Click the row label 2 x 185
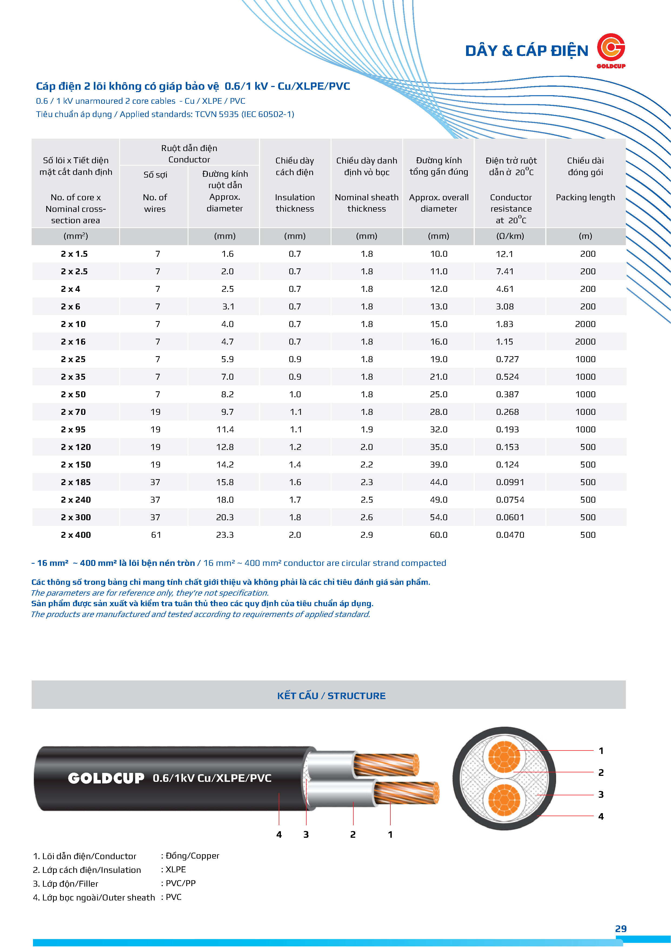tap(76, 482)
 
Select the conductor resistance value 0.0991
tap(510, 482)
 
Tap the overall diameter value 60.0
tap(439, 535)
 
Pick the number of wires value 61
tap(156, 535)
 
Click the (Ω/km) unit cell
tap(510, 236)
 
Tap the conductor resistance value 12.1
tap(504, 254)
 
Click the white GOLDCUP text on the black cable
tap(106, 778)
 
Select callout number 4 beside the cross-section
tap(601, 816)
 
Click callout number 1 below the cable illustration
tap(390, 834)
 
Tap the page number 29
tap(621, 929)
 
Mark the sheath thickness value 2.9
tap(367, 535)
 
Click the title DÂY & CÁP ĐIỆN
tap(526, 51)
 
